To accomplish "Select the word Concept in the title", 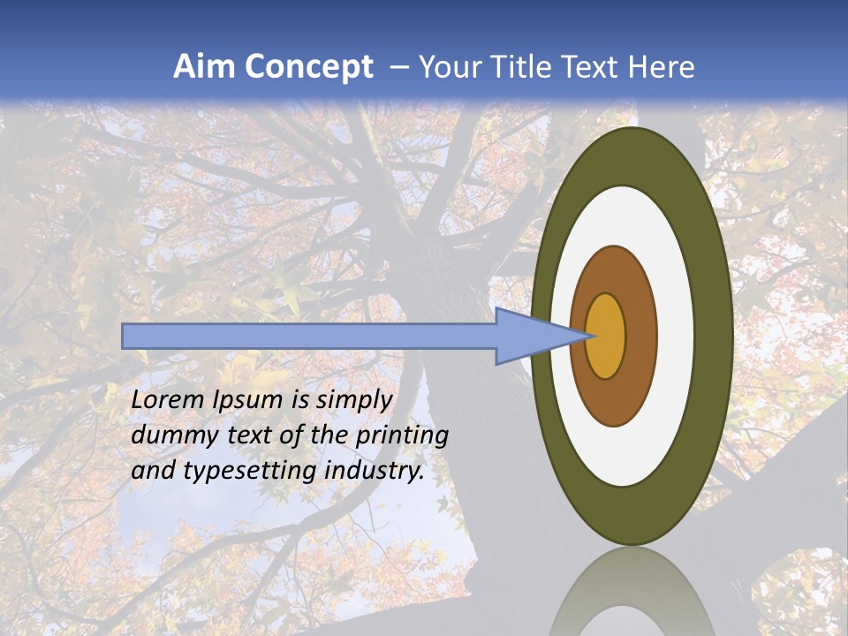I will (309, 67).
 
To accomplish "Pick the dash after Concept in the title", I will (399, 68).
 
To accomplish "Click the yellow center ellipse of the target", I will (606, 337).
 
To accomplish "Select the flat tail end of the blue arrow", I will (125, 336).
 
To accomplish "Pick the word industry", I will (375, 471).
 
